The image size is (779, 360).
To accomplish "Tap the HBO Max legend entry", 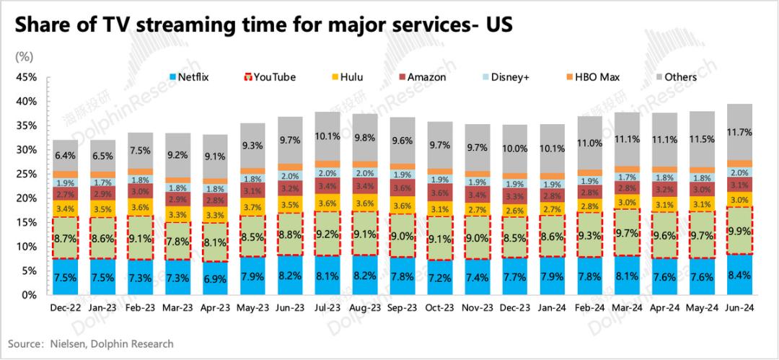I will click(x=594, y=77).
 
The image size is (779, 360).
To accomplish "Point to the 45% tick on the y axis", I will click(x=26, y=77).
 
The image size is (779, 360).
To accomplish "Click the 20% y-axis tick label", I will click(x=26, y=198).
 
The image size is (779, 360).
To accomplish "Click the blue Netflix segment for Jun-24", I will click(x=739, y=274).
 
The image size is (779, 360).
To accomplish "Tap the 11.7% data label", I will click(x=739, y=132).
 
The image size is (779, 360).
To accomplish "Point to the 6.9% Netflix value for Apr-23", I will click(x=216, y=278).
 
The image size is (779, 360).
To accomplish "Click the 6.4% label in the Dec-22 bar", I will click(x=66, y=155).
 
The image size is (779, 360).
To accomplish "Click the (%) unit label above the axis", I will click(x=23, y=55).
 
